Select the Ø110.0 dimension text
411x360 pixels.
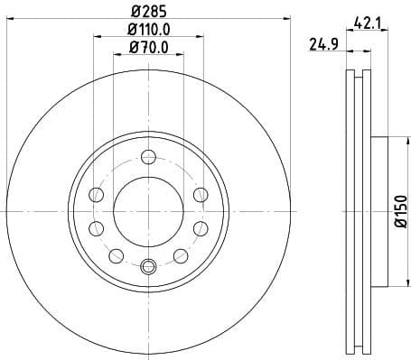(149, 30)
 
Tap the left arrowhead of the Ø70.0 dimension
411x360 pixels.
(117, 54)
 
